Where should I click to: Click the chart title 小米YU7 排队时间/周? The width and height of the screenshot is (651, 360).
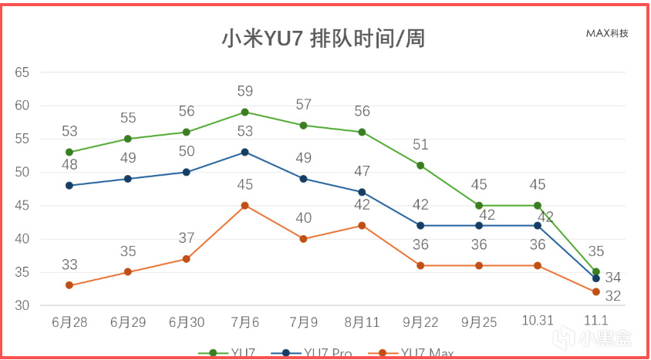coord(324,39)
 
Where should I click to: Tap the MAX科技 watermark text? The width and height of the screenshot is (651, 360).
coord(607,33)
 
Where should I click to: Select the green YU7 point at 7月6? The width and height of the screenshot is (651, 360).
coord(245,112)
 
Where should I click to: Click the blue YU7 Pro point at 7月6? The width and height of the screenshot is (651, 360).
coord(245,152)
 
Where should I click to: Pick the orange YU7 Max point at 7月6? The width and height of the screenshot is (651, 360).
coord(245,206)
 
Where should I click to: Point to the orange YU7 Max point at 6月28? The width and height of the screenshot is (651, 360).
coord(69,285)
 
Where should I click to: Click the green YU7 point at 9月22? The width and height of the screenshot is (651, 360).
coord(420,165)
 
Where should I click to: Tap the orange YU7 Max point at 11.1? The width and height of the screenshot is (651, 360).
coord(595,292)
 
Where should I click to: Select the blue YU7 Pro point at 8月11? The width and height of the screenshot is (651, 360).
coord(362,192)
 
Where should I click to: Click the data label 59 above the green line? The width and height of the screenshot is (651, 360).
coord(245,92)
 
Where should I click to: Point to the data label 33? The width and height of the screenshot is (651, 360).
coord(69,265)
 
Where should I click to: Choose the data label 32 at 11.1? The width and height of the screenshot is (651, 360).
coord(614,296)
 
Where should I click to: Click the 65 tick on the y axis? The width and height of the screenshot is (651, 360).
coord(22,72)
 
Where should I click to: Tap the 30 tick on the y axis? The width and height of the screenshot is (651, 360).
coord(22,306)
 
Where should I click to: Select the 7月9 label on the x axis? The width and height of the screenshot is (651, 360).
coord(303,322)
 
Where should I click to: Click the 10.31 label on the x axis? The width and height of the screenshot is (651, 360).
coord(538,321)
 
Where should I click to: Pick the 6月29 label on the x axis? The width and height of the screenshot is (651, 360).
coord(128,322)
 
